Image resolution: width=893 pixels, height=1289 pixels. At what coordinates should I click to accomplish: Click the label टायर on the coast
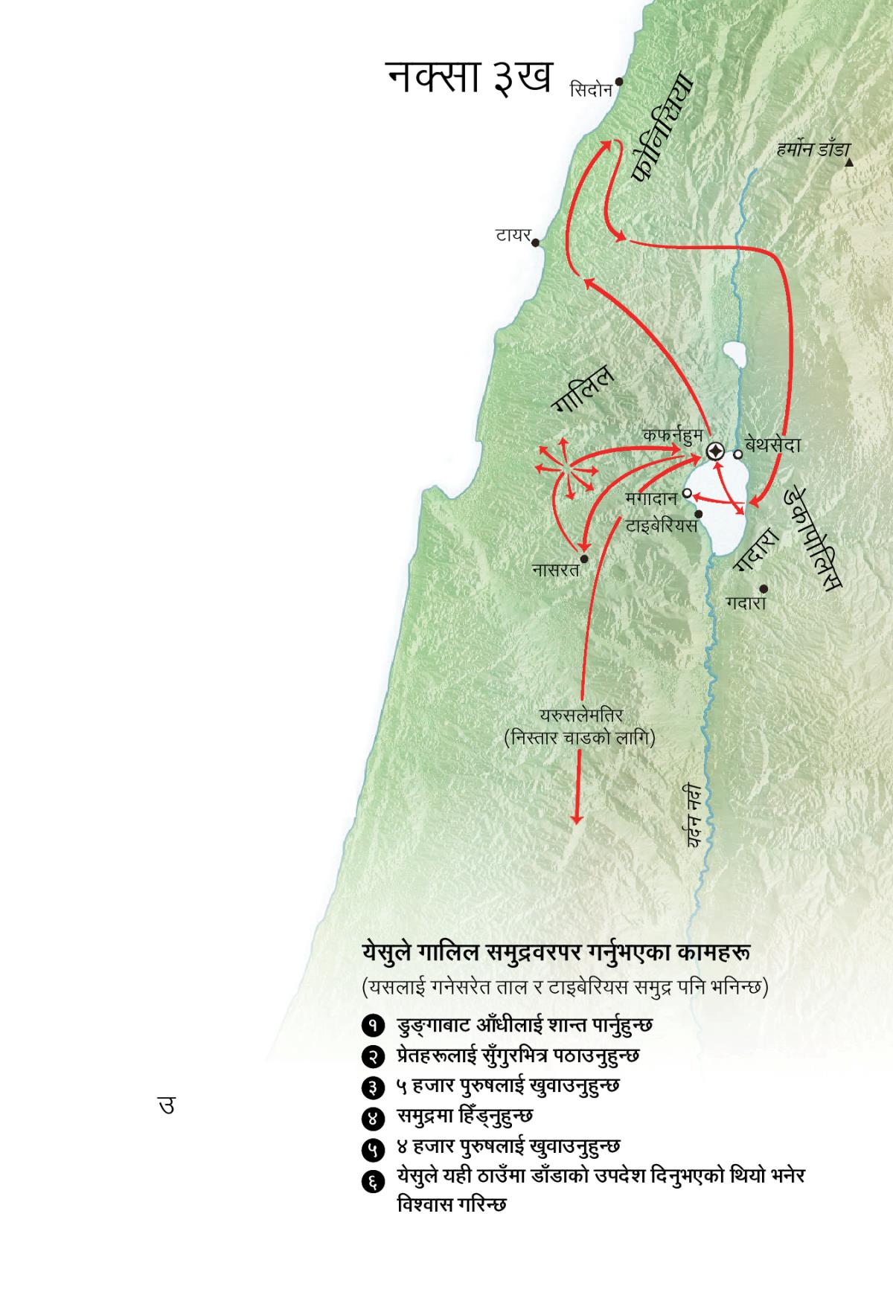[x=513, y=237]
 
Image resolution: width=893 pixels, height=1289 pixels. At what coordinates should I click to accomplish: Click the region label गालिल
[x=583, y=388]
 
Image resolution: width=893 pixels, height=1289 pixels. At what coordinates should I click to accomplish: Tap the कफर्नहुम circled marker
[x=714, y=451]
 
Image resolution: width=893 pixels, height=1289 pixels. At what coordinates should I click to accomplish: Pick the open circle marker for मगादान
[x=686, y=493]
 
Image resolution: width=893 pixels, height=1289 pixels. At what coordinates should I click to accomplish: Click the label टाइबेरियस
[x=661, y=526]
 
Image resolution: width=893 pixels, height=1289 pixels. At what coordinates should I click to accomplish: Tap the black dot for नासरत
[x=584, y=558]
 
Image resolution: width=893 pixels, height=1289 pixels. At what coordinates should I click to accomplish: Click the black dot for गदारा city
[x=764, y=588]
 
